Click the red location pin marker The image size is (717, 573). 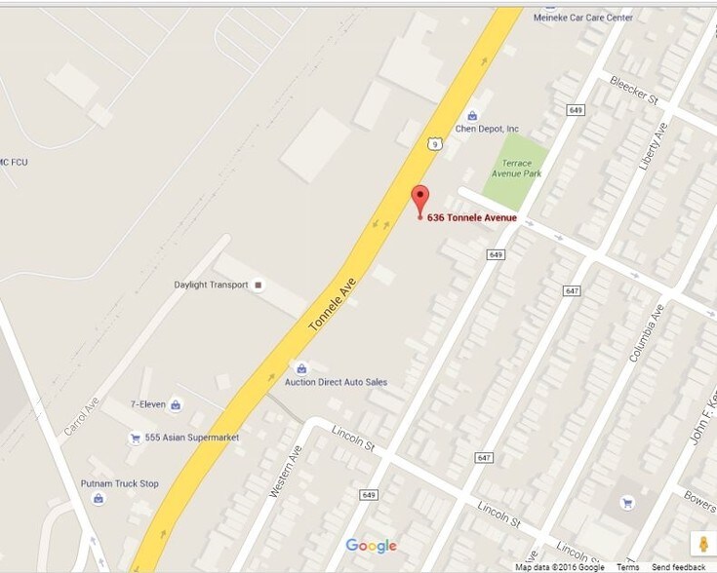pos(420,198)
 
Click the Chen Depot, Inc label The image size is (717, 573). pos(487,129)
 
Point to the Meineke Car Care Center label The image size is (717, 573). pos(583,18)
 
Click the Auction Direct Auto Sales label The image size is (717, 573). pos(336,382)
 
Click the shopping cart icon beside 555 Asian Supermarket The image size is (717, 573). pos(135,439)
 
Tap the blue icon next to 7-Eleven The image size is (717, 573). pos(176,404)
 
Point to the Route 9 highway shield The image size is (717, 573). pos(432,143)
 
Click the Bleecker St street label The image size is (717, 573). pos(634,89)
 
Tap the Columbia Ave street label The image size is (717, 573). pos(646,334)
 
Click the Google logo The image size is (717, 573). pos(371,546)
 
